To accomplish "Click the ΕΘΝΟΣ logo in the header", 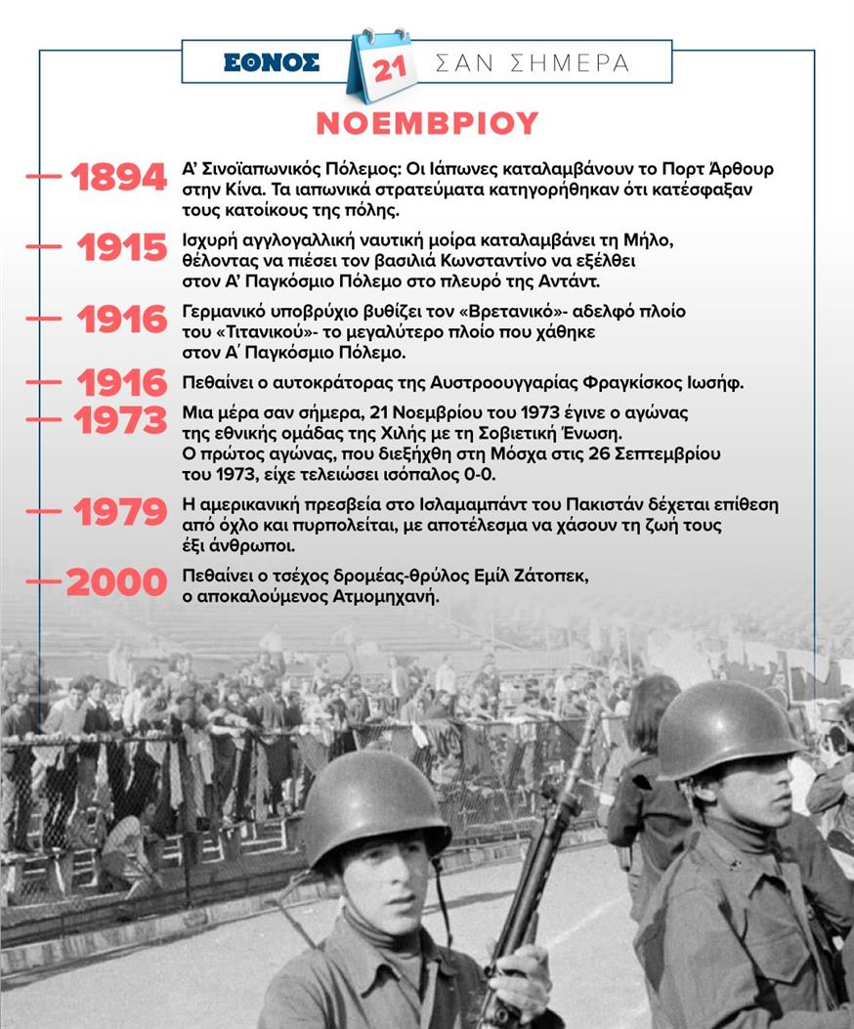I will click(272, 64).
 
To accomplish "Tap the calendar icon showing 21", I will click(381, 66).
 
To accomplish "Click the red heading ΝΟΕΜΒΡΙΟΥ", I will click(427, 123).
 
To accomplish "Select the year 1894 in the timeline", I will click(118, 178).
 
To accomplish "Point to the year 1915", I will click(122, 248).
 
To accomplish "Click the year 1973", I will click(120, 420).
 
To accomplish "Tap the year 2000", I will click(116, 582).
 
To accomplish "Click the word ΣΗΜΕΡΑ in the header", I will click(573, 64).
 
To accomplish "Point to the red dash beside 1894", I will click(44, 177).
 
